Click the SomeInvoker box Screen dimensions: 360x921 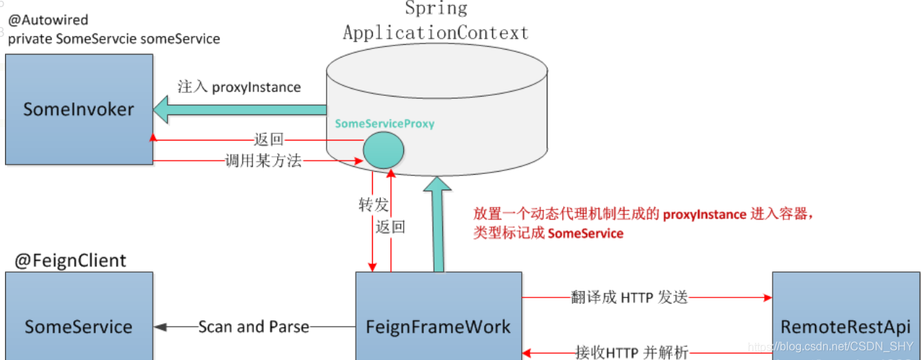pyautogui.click(x=79, y=109)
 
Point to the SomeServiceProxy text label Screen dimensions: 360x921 pyautogui.click(x=384, y=124)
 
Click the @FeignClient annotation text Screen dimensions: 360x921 pyautogui.click(x=70, y=261)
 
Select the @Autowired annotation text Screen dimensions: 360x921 pyautogui.click(x=48, y=21)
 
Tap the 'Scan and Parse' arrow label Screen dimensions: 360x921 pyautogui.click(x=254, y=327)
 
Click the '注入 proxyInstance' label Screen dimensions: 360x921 pyautogui.click(x=239, y=87)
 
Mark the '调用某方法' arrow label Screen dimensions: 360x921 pyautogui.click(x=263, y=161)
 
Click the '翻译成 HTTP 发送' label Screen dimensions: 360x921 pyautogui.click(x=629, y=297)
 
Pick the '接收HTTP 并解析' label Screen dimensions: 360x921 pyautogui.click(x=631, y=351)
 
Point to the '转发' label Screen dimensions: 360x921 pyautogui.click(x=374, y=205)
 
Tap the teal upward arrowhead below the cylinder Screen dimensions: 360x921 pyautogui.click(x=437, y=188)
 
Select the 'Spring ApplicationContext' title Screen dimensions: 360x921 pyautogui.click(x=436, y=21)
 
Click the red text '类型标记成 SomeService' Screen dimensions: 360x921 pyautogui.click(x=548, y=233)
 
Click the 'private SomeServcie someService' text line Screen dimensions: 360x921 pyautogui.click(x=114, y=39)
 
